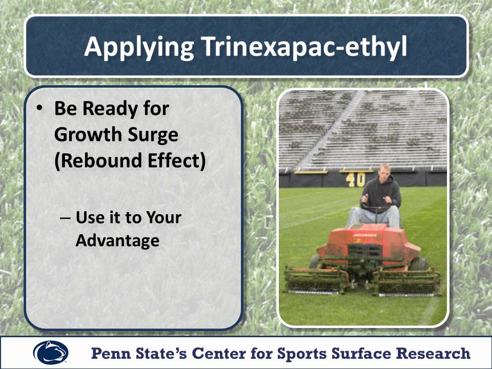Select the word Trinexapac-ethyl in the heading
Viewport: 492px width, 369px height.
[x=304, y=47]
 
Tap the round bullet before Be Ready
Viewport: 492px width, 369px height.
[x=40, y=110]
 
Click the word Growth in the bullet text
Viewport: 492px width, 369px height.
[x=86, y=134]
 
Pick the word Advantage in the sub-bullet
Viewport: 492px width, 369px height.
[x=117, y=240]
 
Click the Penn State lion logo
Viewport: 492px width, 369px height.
[x=51, y=353]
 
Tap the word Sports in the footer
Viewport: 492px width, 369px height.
[x=310, y=353]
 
